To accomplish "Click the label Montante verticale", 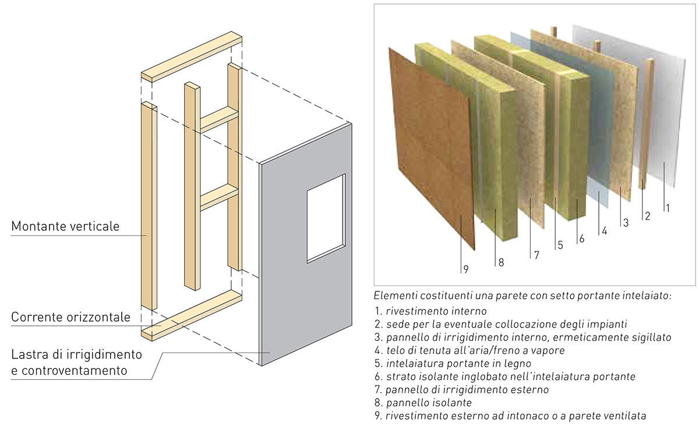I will [65, 226].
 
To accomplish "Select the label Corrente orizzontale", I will [70, 318].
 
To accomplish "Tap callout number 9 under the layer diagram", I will [465, 269].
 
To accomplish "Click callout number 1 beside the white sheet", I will [668, 207].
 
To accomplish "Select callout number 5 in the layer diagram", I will [560, 245].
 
